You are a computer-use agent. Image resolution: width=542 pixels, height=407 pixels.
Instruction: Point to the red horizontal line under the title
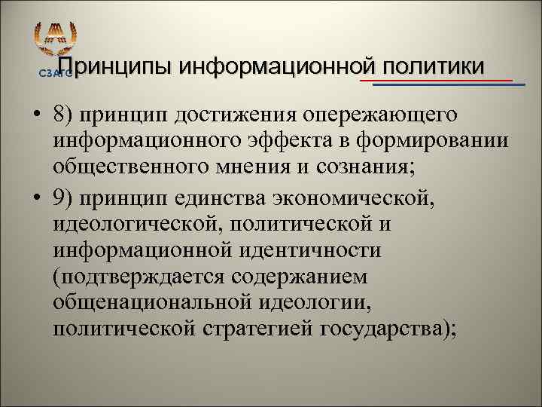[x=437, y=79]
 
